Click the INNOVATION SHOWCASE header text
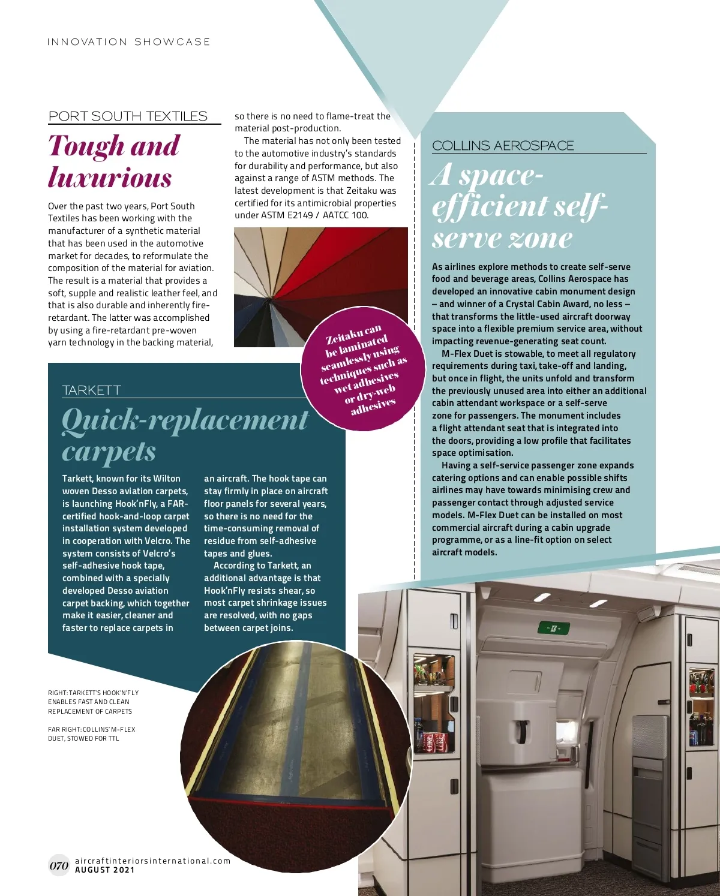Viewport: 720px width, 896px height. point(129,42)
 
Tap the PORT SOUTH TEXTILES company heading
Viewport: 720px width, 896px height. point(128,116)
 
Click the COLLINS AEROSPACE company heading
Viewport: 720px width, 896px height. point(503,146)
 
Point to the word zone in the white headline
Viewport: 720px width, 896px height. point(541,238)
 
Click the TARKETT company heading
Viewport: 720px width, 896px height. point(92,390)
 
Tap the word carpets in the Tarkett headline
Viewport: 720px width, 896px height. point(109,451)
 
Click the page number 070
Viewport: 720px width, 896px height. point(59,865)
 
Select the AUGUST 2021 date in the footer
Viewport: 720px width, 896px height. point(105,870)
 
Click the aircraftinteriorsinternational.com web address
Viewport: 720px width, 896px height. point(152,861)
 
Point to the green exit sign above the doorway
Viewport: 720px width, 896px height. point(553,629)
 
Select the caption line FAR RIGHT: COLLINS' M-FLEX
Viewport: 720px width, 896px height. point(92,729)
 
